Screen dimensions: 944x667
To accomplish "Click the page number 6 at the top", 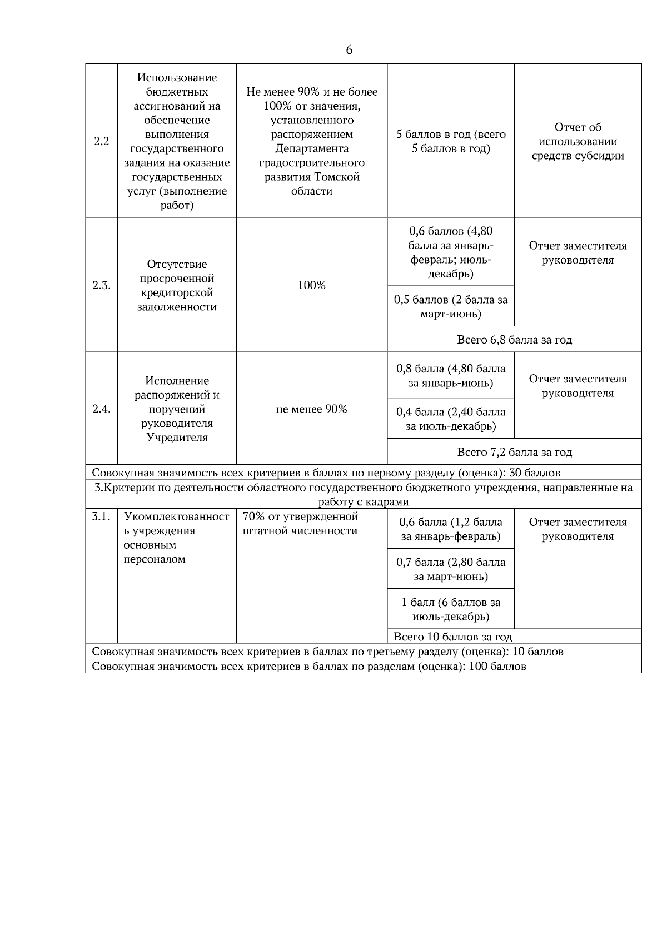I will click(349, 50).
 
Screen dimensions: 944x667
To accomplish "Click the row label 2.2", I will click(101, 141).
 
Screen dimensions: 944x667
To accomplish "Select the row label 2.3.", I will click(101, 285).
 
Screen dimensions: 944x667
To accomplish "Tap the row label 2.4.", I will click(101, 409).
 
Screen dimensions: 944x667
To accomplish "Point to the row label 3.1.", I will click(101, 516).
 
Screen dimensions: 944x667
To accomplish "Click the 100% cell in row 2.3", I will click(311, 285).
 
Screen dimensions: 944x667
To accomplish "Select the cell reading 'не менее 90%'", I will click(311, 409).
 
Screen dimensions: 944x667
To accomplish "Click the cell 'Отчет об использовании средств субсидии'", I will click(578, 141).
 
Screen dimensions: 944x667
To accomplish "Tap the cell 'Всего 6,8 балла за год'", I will click(514, 339).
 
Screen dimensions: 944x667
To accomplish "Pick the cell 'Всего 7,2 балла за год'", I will click(514, 452).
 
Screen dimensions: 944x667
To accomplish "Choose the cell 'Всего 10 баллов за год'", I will click(452, 637).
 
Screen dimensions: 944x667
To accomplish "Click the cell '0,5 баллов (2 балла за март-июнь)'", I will click(451, 307).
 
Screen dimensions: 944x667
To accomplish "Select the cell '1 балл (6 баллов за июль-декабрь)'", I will click(451, 609).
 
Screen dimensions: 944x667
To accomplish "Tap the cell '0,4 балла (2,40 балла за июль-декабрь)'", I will click(451, 419).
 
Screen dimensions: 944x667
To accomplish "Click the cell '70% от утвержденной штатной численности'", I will click(300, 524).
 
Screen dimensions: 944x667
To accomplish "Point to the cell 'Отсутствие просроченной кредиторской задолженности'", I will click(177, 285).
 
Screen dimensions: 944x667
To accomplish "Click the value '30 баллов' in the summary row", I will click(534, 473).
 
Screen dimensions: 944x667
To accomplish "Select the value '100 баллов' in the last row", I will click(497, 666).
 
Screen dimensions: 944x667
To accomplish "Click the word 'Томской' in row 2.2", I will click(337, 177).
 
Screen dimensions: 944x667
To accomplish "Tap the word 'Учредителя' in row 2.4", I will click(177, 438).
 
